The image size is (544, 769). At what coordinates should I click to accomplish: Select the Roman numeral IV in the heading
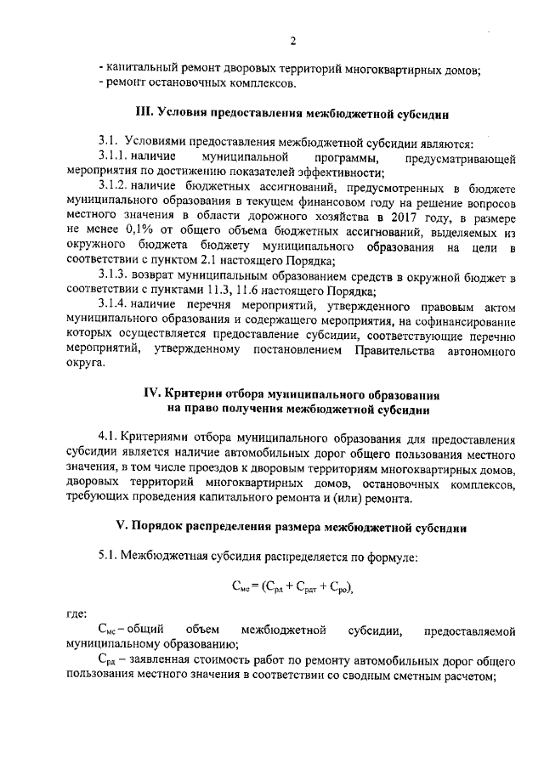tap(154, 394)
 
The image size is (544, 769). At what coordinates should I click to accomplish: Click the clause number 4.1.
tap(108, 439)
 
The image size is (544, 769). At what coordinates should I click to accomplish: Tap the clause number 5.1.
tap(108, 556)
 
